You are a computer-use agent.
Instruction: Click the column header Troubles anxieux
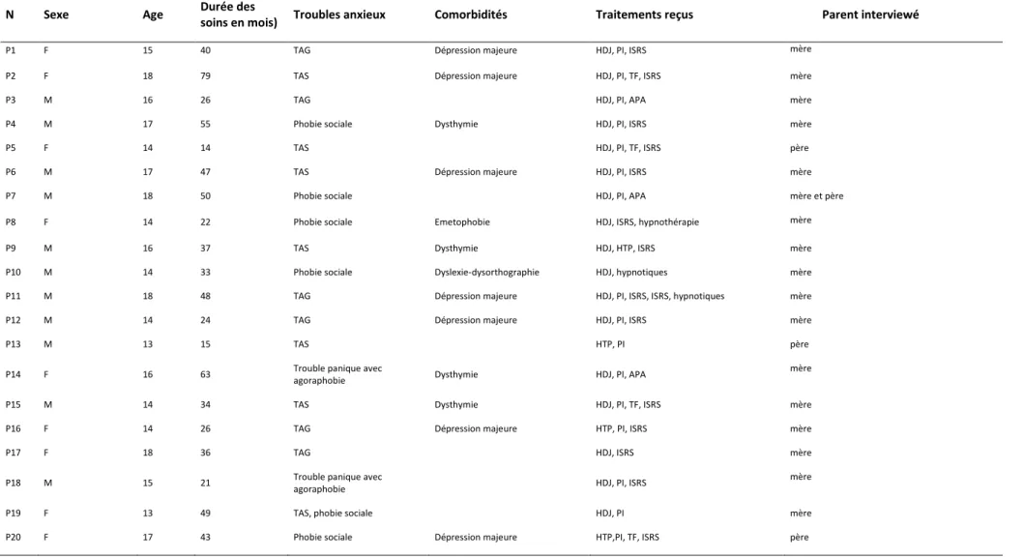[x=339, y=15]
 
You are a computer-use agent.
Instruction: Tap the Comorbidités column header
[x=470, y=15]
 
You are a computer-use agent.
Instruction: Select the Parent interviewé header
[x=869, y=15]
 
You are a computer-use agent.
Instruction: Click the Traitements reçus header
[x=644, y=15]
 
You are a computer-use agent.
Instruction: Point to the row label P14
[x=13, y=374]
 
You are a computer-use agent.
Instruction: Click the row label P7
[x=11, y=195]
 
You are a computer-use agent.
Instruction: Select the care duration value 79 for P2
[x=206, y=75]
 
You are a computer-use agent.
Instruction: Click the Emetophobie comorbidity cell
[x=462, y=221]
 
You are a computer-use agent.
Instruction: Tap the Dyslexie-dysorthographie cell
[x=486, y=272]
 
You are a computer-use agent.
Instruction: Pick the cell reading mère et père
[x=816, y=195]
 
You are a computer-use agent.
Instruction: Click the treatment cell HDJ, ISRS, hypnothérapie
[x=647, y=221]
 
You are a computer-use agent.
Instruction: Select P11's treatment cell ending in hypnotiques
[x=659, y=296]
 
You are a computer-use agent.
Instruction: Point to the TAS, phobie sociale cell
[x=333, y=513]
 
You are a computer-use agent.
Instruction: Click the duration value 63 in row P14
[x=206, y=374]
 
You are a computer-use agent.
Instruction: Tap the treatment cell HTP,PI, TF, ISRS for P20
[x=627, y=537]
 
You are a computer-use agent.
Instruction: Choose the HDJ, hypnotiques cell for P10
[x=631, y=272]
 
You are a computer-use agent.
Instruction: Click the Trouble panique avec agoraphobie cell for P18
[x=337, y=483]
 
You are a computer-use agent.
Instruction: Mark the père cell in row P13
[x=800, y=344]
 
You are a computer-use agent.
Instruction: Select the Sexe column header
[x=56, y=15]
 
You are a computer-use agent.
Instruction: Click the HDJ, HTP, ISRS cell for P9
[x=625, y=248]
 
